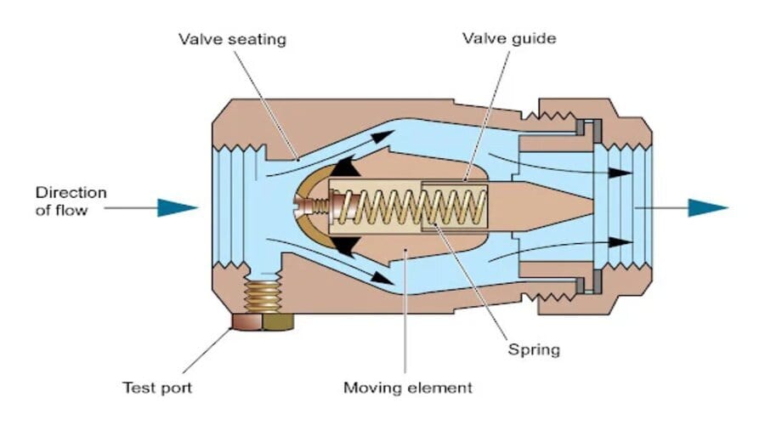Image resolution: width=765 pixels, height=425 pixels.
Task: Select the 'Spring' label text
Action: click(532, 348)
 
